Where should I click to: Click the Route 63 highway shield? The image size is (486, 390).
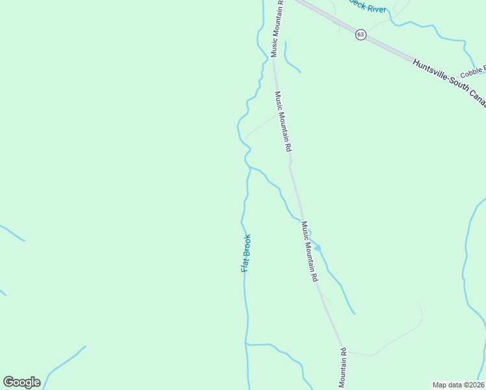tap(361, 34)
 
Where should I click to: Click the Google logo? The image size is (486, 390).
tap(21, 382)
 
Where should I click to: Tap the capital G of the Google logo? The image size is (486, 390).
tap(8, 382)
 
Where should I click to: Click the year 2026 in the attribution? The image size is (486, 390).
tap(476, 384)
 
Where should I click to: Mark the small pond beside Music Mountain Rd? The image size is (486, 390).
tap(317, 248)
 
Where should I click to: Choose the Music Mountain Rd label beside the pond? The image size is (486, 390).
tap(309, 251)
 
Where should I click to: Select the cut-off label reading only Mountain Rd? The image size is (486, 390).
tap(342, 370)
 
